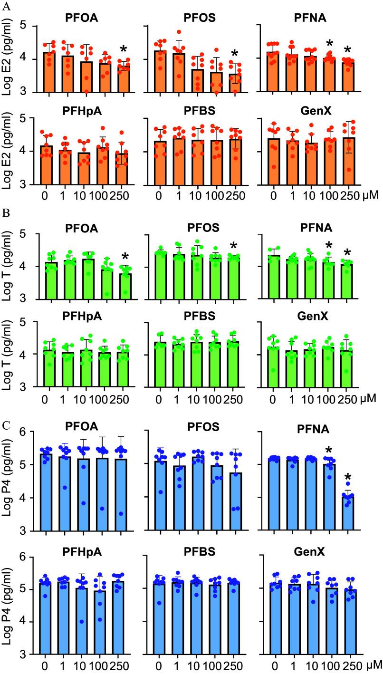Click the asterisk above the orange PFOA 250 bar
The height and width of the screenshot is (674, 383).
pos(124,50)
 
